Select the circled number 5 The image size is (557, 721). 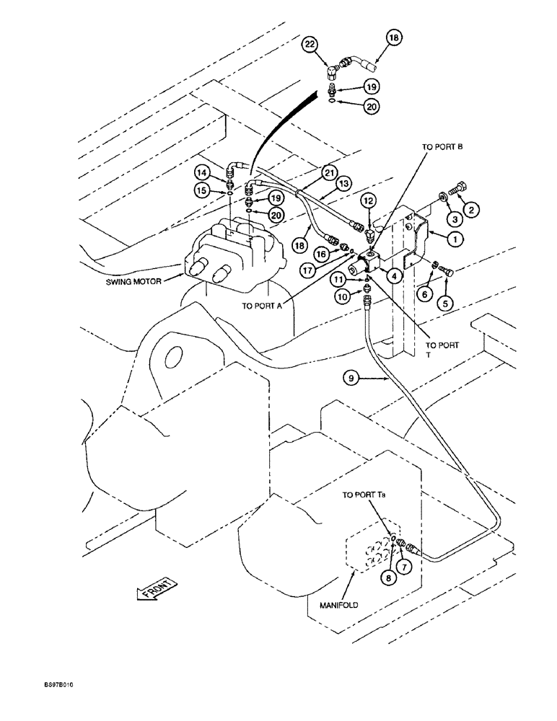447,304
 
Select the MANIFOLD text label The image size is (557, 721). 338,605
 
